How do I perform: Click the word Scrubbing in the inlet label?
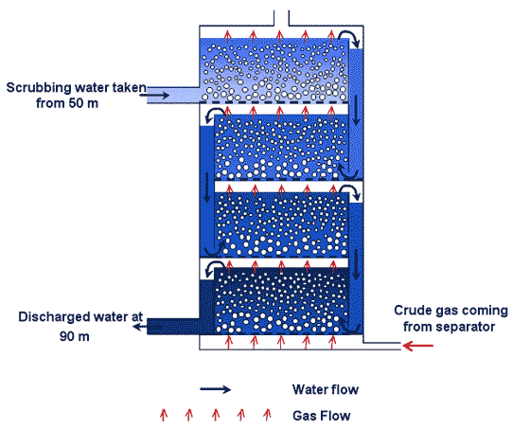point(39,88)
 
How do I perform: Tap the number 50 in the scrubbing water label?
point(75,103)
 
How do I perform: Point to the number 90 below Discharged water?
point(67,336)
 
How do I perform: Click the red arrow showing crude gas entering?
point(418,346)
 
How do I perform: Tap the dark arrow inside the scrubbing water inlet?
point(154,95)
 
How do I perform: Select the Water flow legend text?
point(326,389)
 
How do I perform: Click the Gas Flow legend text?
point(322,416)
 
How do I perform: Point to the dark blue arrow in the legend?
point(216,389)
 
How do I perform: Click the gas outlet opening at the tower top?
point(281,18)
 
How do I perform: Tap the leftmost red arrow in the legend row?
point(164,414)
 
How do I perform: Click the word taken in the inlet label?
point(129,88)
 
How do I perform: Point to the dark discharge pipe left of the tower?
point(173,327)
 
